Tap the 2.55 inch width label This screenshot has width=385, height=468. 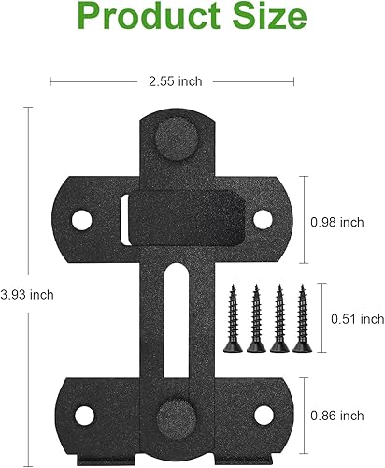coord(177,81)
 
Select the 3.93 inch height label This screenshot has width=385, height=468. coord(28,294)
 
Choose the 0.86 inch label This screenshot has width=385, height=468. coord(337,414)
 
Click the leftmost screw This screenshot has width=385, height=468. coord(234,318)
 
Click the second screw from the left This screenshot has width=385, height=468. coord(256,318)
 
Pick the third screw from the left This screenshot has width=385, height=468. coord(278,318)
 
